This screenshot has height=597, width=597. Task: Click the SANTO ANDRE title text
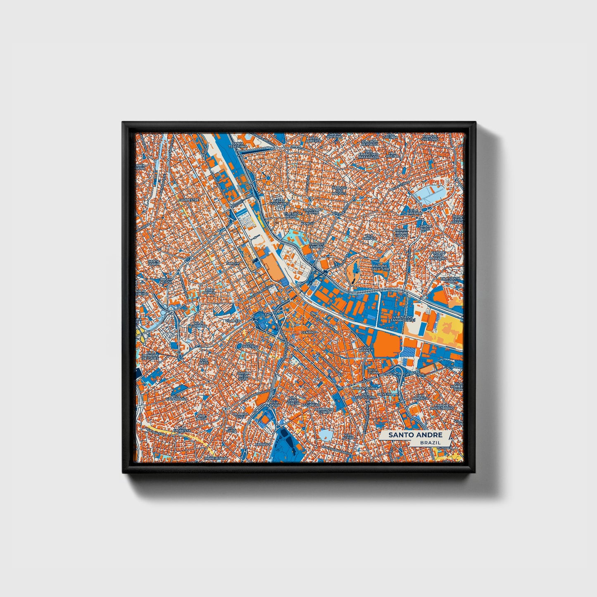(415, 435)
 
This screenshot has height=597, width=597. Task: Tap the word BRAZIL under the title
(430, 442)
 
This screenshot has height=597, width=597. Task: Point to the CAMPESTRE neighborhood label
(189, 200)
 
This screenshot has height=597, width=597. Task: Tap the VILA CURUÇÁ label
(369, 237)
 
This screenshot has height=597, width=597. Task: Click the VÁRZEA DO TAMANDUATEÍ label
(394, 318)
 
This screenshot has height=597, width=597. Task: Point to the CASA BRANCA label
(366, 348)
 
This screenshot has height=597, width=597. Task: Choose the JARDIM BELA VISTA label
(243, 376)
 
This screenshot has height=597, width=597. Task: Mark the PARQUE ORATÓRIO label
(430, 137)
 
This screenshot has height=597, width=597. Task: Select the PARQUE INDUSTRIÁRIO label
(444, 407)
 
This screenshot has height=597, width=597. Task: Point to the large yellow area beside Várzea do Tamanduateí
(449, 331)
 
